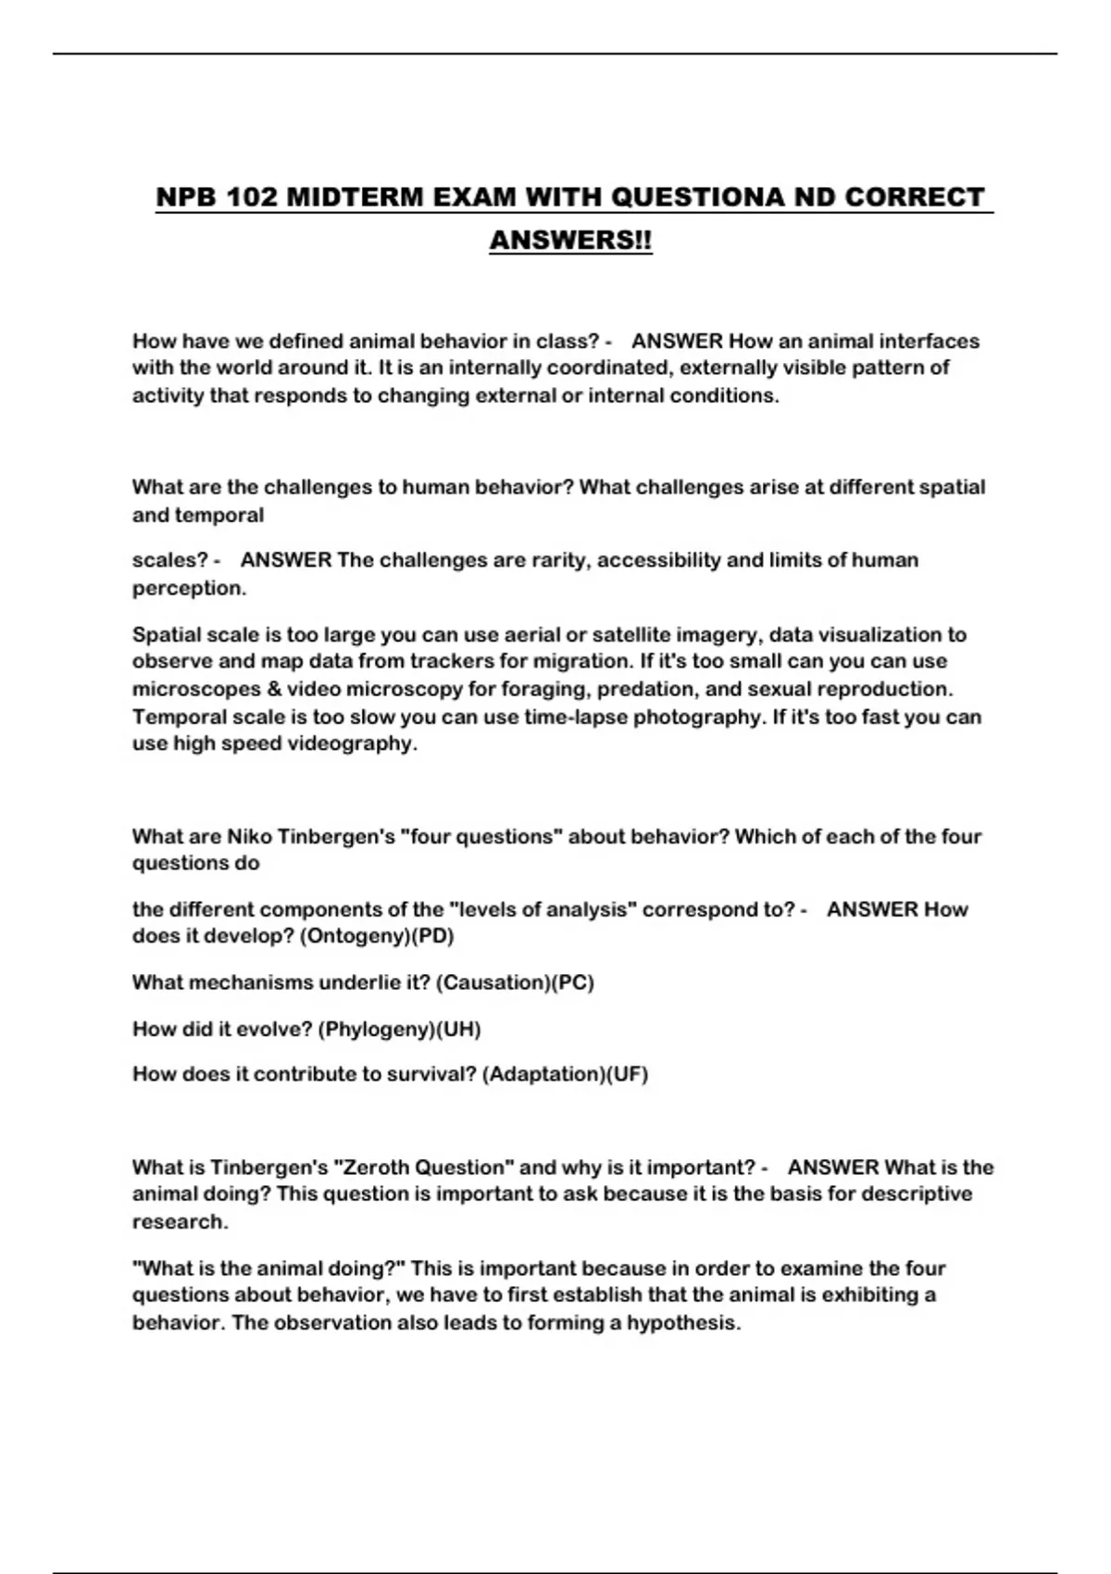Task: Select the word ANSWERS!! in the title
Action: tap(570, 240)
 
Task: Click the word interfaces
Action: tap(929, 341)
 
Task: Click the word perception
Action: tap(189, 588)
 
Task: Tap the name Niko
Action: tap(249, 837)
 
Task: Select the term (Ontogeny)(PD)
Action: tap(377, 936)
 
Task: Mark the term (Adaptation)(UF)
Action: tap(565, 1074)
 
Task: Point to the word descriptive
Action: tap(917, 1194)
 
